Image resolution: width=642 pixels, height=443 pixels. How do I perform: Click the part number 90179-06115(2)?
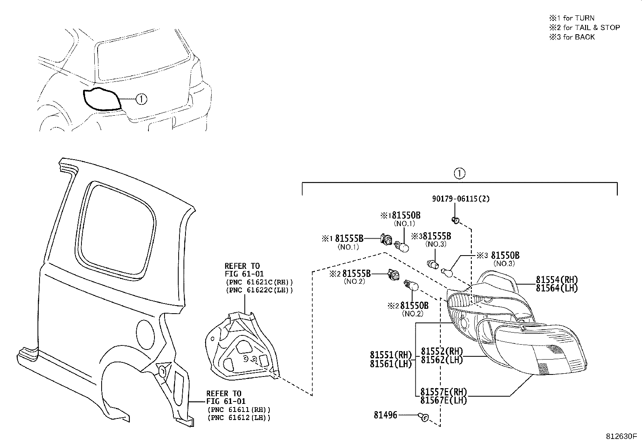coord(461,199)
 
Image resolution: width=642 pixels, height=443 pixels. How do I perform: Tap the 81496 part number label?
coord(385,415)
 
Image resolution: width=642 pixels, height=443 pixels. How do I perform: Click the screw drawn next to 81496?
coord(423,417)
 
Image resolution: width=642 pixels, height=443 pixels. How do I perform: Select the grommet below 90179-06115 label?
coord(455,220)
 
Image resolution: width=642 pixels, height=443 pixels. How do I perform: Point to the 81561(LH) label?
coord(390,364)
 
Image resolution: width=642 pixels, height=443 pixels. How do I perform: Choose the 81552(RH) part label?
coord(442,351)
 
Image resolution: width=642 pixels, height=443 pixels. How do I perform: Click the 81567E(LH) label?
coord(443,400)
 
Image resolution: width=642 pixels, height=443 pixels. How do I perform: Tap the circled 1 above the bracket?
coord(459,173)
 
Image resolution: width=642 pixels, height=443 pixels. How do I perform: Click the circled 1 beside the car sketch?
coord(141,99)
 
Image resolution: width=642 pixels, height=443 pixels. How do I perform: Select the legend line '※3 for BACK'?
coord(571,37)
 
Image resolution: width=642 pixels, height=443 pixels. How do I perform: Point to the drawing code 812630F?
coord(621,437)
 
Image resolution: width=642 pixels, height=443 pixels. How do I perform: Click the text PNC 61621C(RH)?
coord(259,282)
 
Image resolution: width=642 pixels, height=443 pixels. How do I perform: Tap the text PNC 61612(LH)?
coord(239,418)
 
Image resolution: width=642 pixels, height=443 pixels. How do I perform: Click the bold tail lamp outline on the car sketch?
coord(101,99)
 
